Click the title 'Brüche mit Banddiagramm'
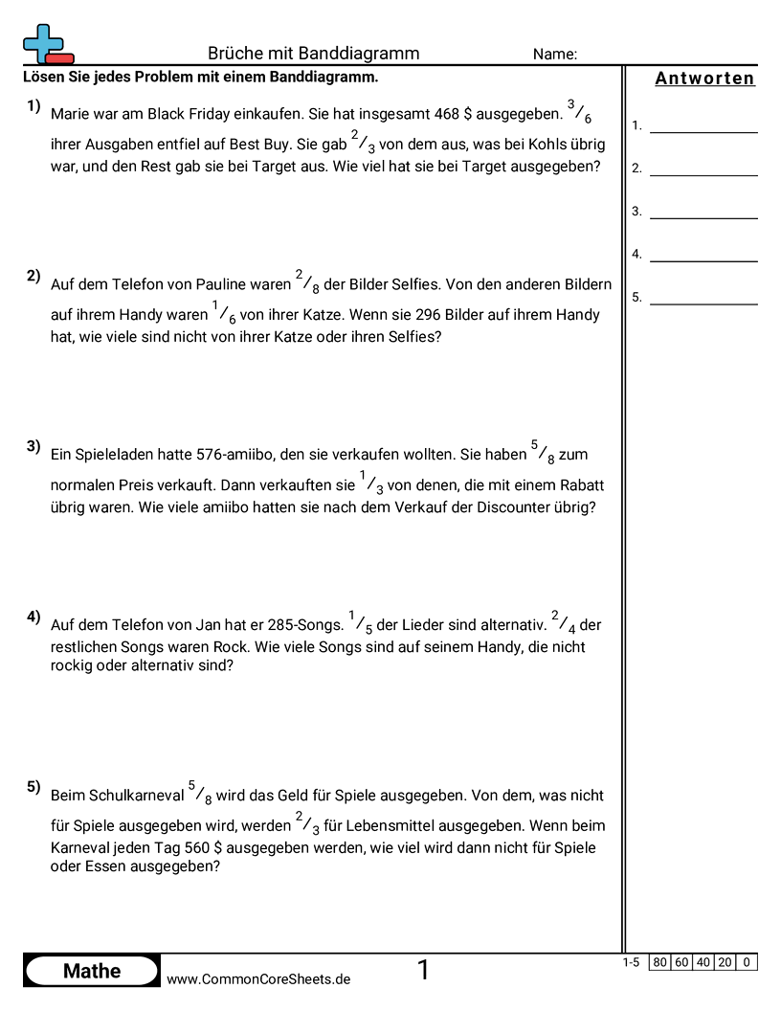(x=313, y=54)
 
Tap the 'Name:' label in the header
(x=555, y=55)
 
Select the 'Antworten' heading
(x=704, y=79)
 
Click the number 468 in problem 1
(x=447, y=114)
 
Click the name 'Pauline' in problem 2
(x=221, y=284)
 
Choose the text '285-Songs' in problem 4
(x=311, y=625)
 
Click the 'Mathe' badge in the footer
(x=92, y=971)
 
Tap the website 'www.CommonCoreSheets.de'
(x=258, y=979)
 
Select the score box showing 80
(x=659, y=962)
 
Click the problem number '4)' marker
(x=33, y=617)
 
